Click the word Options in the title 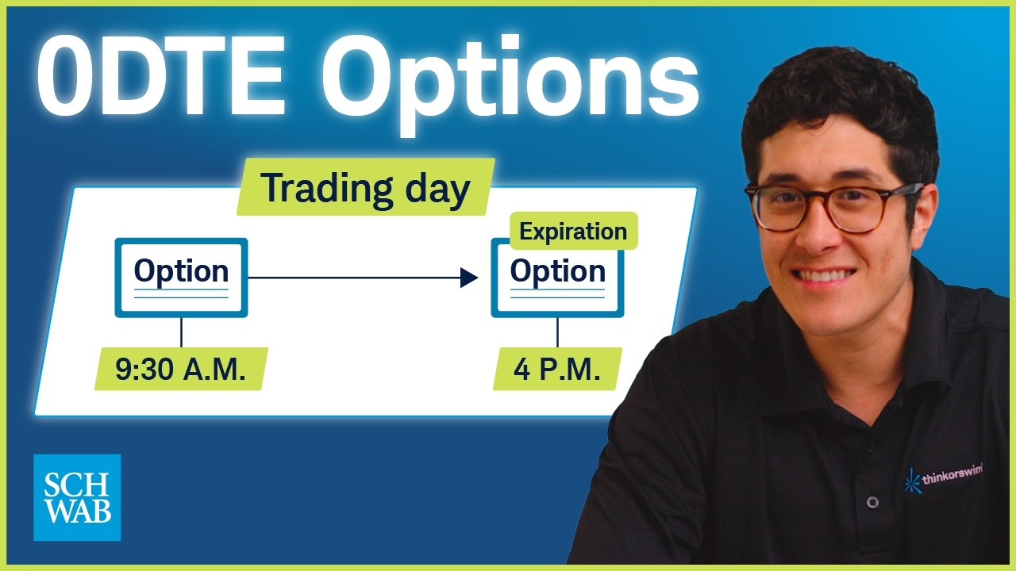coord(510,83)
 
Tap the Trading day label coord(366,187)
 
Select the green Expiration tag coord(574,231)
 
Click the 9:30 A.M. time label coord(180,369)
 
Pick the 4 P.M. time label coord(557,369)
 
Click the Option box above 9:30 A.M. coord(181,278)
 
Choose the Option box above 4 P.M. coord(557,278)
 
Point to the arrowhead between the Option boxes coord(469,278)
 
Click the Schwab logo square coord(77,497)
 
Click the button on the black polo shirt coord(872,502)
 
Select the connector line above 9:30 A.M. coord(182,332)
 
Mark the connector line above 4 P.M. coord(557,332)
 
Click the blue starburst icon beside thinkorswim coord(912,481)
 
